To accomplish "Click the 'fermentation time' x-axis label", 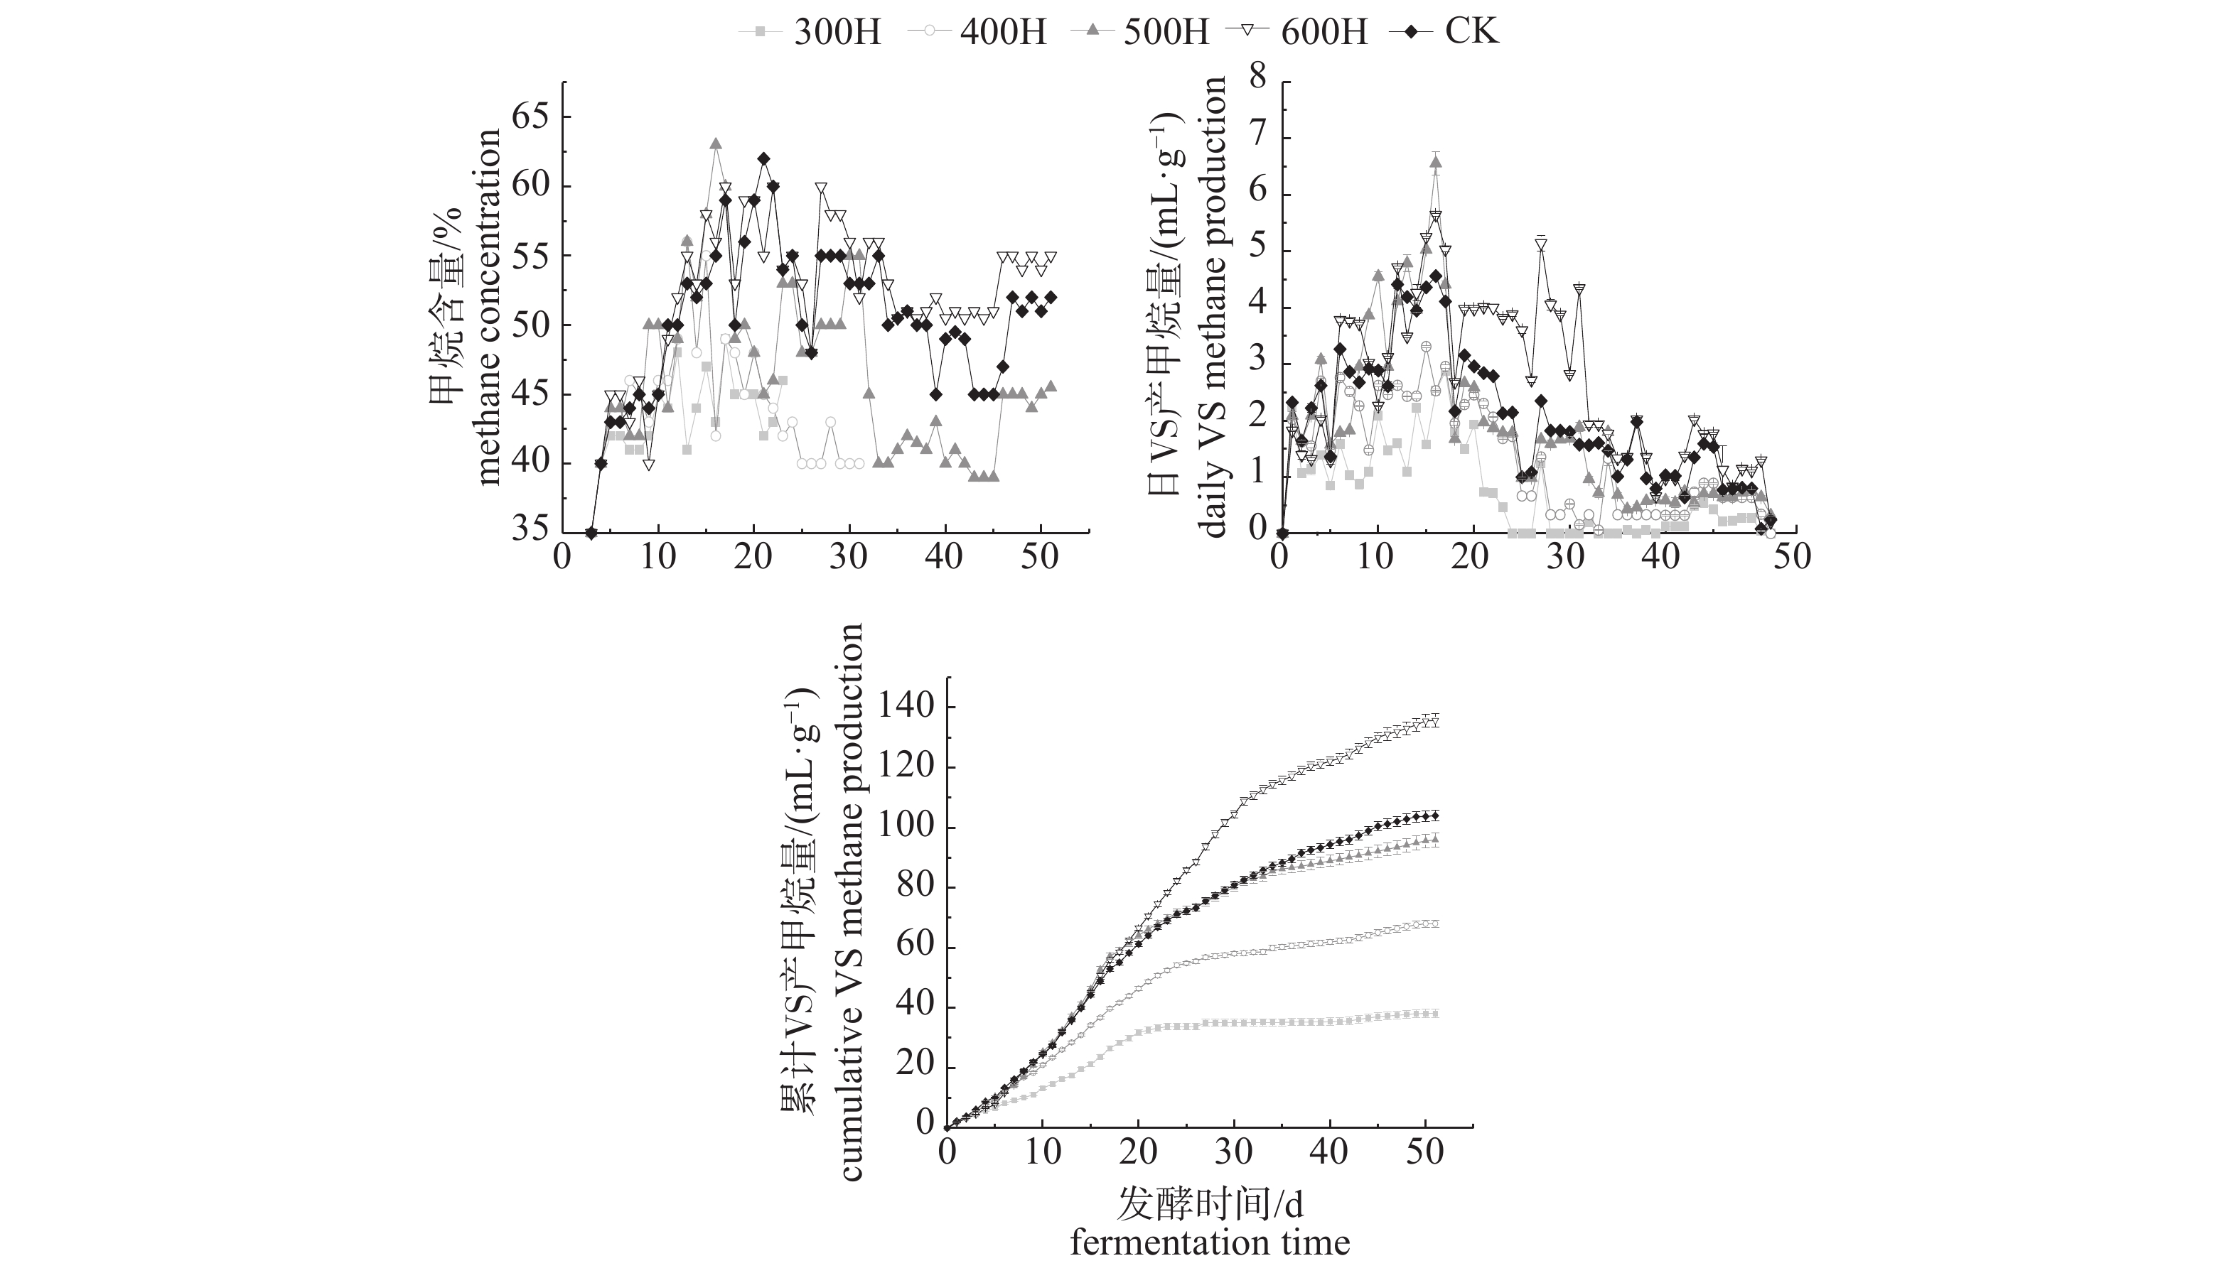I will point(1210,1242).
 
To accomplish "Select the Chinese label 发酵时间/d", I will point(1210,1204).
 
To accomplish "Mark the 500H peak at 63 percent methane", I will point(716,143).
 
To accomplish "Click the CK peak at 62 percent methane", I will point(763,158).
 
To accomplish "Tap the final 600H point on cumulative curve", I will point(1434,721).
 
